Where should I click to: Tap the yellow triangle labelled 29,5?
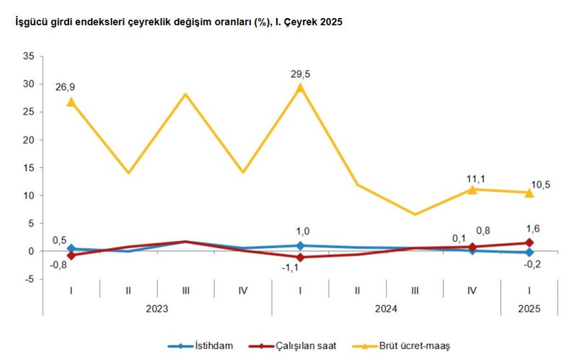(300, 88)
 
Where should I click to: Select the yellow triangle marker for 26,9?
(71, 102)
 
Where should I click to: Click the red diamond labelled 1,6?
(529, 243)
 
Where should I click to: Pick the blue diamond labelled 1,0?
(300, 246)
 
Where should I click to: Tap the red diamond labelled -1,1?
(300, 258)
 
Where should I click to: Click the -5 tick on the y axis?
(29, 279)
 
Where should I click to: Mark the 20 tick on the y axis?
(29, 140)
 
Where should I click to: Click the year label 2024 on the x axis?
(386, 308)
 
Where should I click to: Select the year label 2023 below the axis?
(157, 308)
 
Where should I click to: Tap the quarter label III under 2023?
(185, 290)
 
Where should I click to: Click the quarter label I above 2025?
(529, 290)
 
